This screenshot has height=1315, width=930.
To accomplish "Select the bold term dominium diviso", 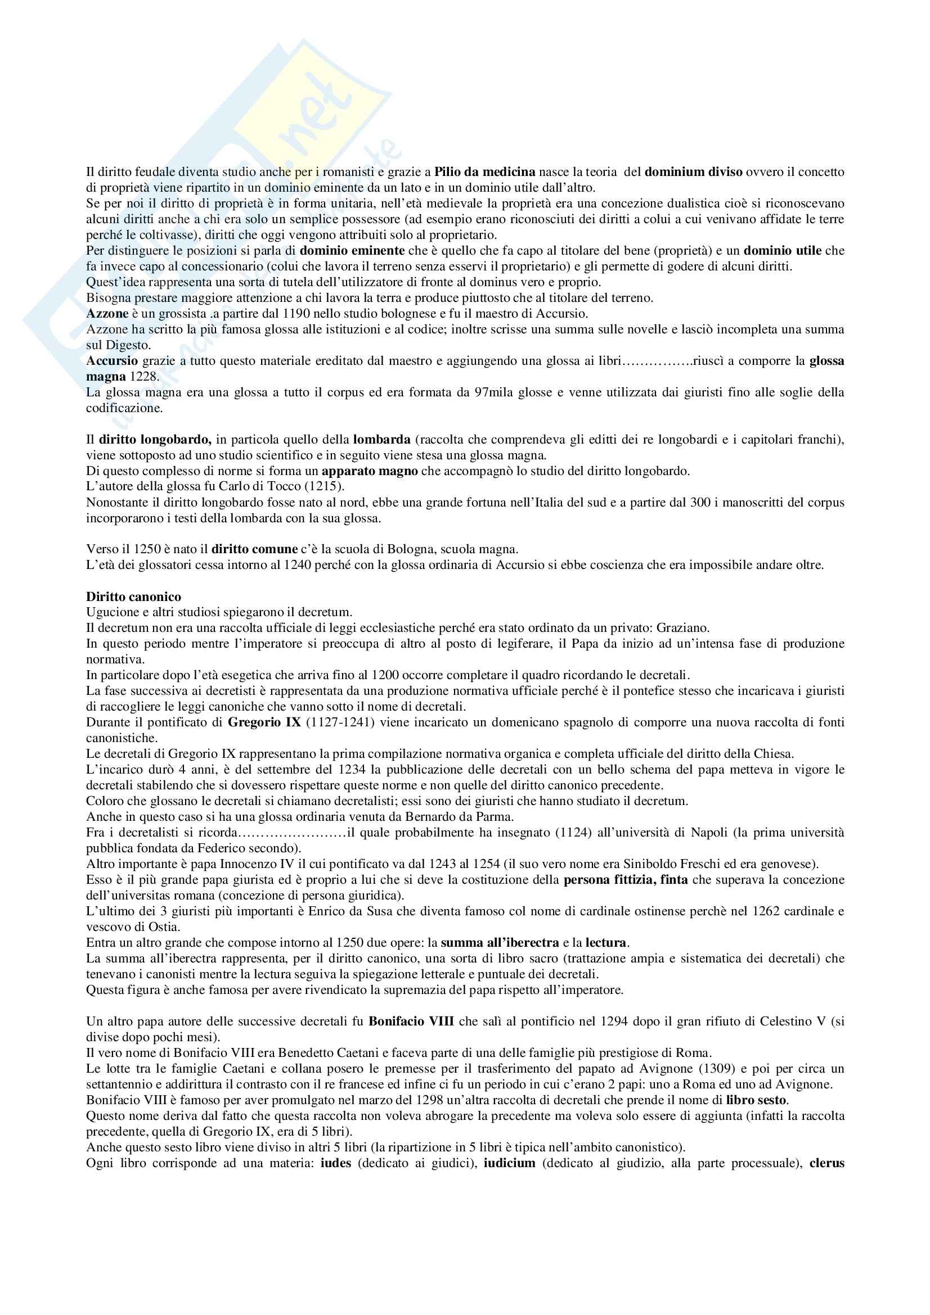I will [693, 171].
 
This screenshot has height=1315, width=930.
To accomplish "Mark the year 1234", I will [345, 770].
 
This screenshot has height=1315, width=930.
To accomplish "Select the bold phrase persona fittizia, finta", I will [626, 880].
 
